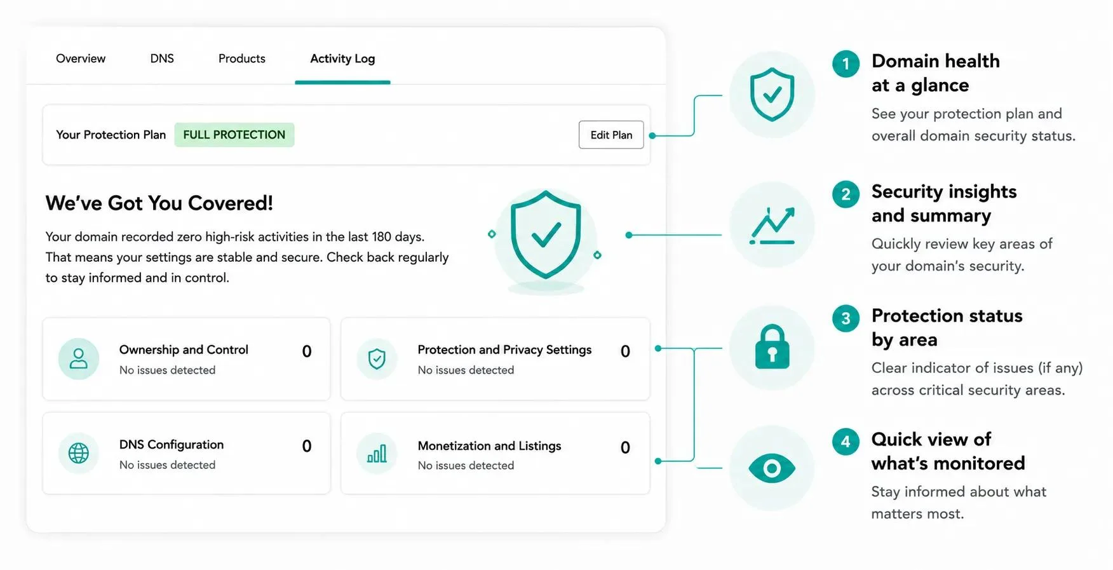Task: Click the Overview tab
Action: click(81, 58)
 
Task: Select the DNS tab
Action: click(162, 58)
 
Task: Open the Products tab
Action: click(242, 58)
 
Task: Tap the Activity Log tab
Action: click(342, 59)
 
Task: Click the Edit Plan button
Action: click(611, 135)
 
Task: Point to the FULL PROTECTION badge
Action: click(234, 135)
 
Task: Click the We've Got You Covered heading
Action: click(159, 203)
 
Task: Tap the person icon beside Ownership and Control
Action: click(79, 359)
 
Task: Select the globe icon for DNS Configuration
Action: click(79, 453)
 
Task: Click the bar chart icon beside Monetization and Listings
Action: click(377, 453)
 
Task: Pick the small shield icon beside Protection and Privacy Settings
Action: click(377, 359)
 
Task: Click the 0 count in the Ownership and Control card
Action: click(307, 351)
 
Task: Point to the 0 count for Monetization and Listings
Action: click(625, 447)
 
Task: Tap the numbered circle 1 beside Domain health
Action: click(846, 64)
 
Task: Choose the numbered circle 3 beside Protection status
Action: click(846, 318)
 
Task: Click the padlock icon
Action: click(772, 347)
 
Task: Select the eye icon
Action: click(772, 468)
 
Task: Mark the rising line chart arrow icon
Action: click(772, 226)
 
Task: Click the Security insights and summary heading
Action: click(944, 203)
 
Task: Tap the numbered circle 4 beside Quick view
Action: click(846, 442)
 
